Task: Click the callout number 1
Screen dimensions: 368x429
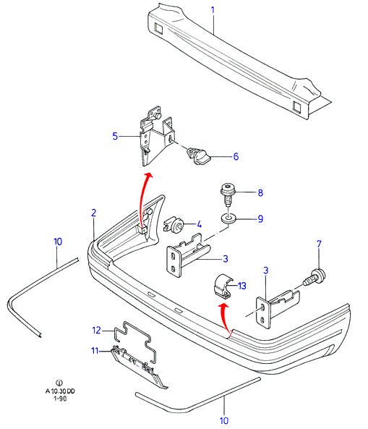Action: (x=213, y=11)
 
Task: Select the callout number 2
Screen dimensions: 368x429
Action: (x=94, y=213)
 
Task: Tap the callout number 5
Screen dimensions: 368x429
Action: (x=115, y=136)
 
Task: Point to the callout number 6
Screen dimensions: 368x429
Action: (x=236, y=156)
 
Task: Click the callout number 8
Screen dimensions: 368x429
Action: (x=260, y=193)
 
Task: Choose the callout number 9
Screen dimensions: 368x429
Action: (x=260, y=219)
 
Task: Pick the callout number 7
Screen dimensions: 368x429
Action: (x=319, y=244)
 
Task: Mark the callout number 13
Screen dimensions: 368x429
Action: (x=242, y=286)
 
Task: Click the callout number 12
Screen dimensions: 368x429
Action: (x=96, y=330)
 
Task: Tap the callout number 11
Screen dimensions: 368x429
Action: (x=95, y=350)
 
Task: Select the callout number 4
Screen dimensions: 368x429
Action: (x=199, y=224)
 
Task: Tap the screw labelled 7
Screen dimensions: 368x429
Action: (x=314, y=277)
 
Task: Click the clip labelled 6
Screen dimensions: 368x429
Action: (x=199, y=156)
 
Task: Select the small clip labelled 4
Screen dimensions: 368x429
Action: (x=174, y=224)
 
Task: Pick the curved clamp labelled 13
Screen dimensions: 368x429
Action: (x=222, y=286)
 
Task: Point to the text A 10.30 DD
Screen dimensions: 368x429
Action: (x=60, y=391)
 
